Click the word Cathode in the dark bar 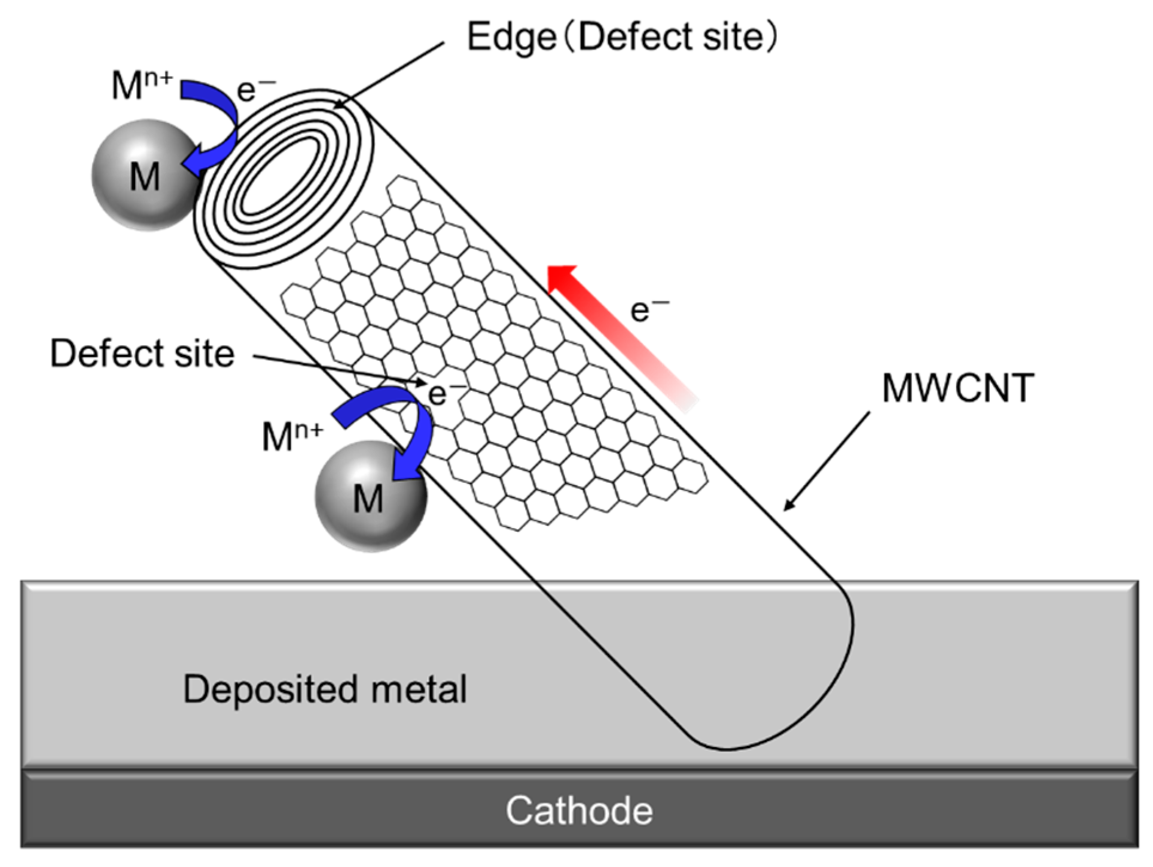click(579, 811)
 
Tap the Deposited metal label click(325, 689)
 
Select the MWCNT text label click(958, 388)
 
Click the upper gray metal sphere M click(144, 175)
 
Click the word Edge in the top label click(512, 37)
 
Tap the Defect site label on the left click(142, 353)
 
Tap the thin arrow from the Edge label click(389, 75)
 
